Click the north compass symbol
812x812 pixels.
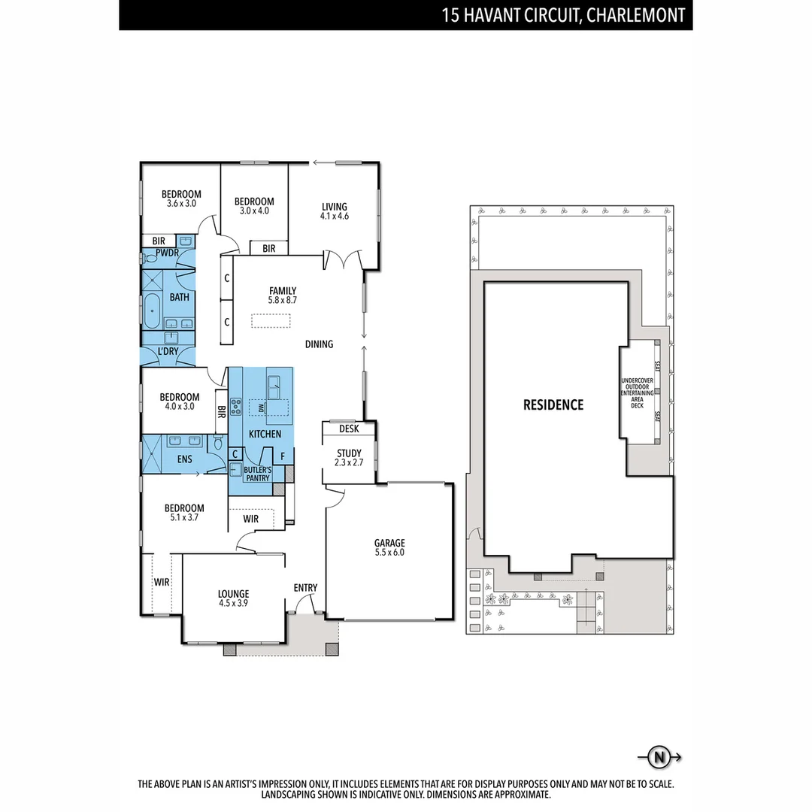click(x=659, y=757)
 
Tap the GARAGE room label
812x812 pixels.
click(x=389, y=543)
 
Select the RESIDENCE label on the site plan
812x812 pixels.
click(x=553, y=405)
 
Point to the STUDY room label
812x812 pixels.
click(x=349, y=453)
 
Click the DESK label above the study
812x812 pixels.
click(x=349, y=429)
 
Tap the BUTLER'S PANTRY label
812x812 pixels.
click(x=256, y=474)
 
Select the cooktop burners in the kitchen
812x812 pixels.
click(x=235, y=408)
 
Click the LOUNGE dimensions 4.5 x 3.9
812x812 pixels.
click(x=233, y=603)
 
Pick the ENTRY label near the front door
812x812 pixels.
click(x=305, y=588)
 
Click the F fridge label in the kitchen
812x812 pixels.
click(x=283, y=456)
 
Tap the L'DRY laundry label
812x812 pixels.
click(x=168, y=352)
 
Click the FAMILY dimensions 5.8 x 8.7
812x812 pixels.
click(x=283, y=300)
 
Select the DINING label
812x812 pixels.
click(x=319, y=344)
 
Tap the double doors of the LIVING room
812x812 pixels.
click(x=344, y=260)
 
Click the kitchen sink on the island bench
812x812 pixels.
click(x=273, y=387)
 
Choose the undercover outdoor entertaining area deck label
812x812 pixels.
click(x=637, y=393)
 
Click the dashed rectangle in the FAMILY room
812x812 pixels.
click(x=271, y=321)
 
